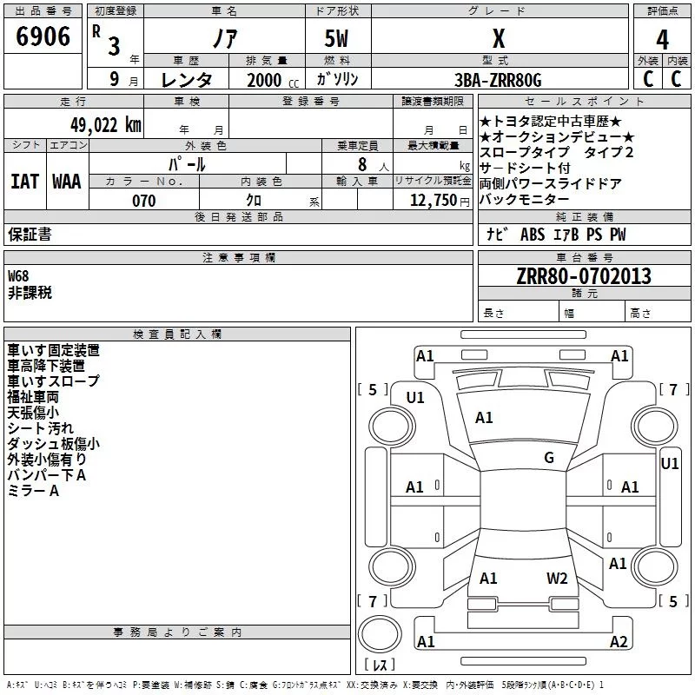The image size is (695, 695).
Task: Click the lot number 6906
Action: (x=43, y=37)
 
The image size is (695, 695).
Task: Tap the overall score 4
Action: (x=663, y=39)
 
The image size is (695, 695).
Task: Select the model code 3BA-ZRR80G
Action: (x=498, y=80)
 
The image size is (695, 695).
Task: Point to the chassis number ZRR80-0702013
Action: (x=584, y=276)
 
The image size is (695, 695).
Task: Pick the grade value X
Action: (x=499, y=39)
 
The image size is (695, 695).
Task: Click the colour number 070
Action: (x=143, y=201)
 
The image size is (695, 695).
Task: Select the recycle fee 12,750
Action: (x=431, y=201)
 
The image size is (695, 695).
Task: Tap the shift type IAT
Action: (x=24, y=182)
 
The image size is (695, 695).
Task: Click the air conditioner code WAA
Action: (x=66, y=182)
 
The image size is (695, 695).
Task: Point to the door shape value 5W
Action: (x=338, y=39)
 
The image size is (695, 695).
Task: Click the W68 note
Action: (x=19, y=275)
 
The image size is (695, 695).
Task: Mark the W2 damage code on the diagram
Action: (x=557, y=578)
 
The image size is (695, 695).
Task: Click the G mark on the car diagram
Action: (x=549, y=458)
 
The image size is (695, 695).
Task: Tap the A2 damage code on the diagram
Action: (x=619, y=642)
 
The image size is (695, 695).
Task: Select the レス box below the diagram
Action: (x=379, y=665)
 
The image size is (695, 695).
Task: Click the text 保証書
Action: (x=30, y=235)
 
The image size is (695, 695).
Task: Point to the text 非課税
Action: (x=30, y=293)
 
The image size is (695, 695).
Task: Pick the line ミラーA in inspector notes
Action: (x=33, y=491)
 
